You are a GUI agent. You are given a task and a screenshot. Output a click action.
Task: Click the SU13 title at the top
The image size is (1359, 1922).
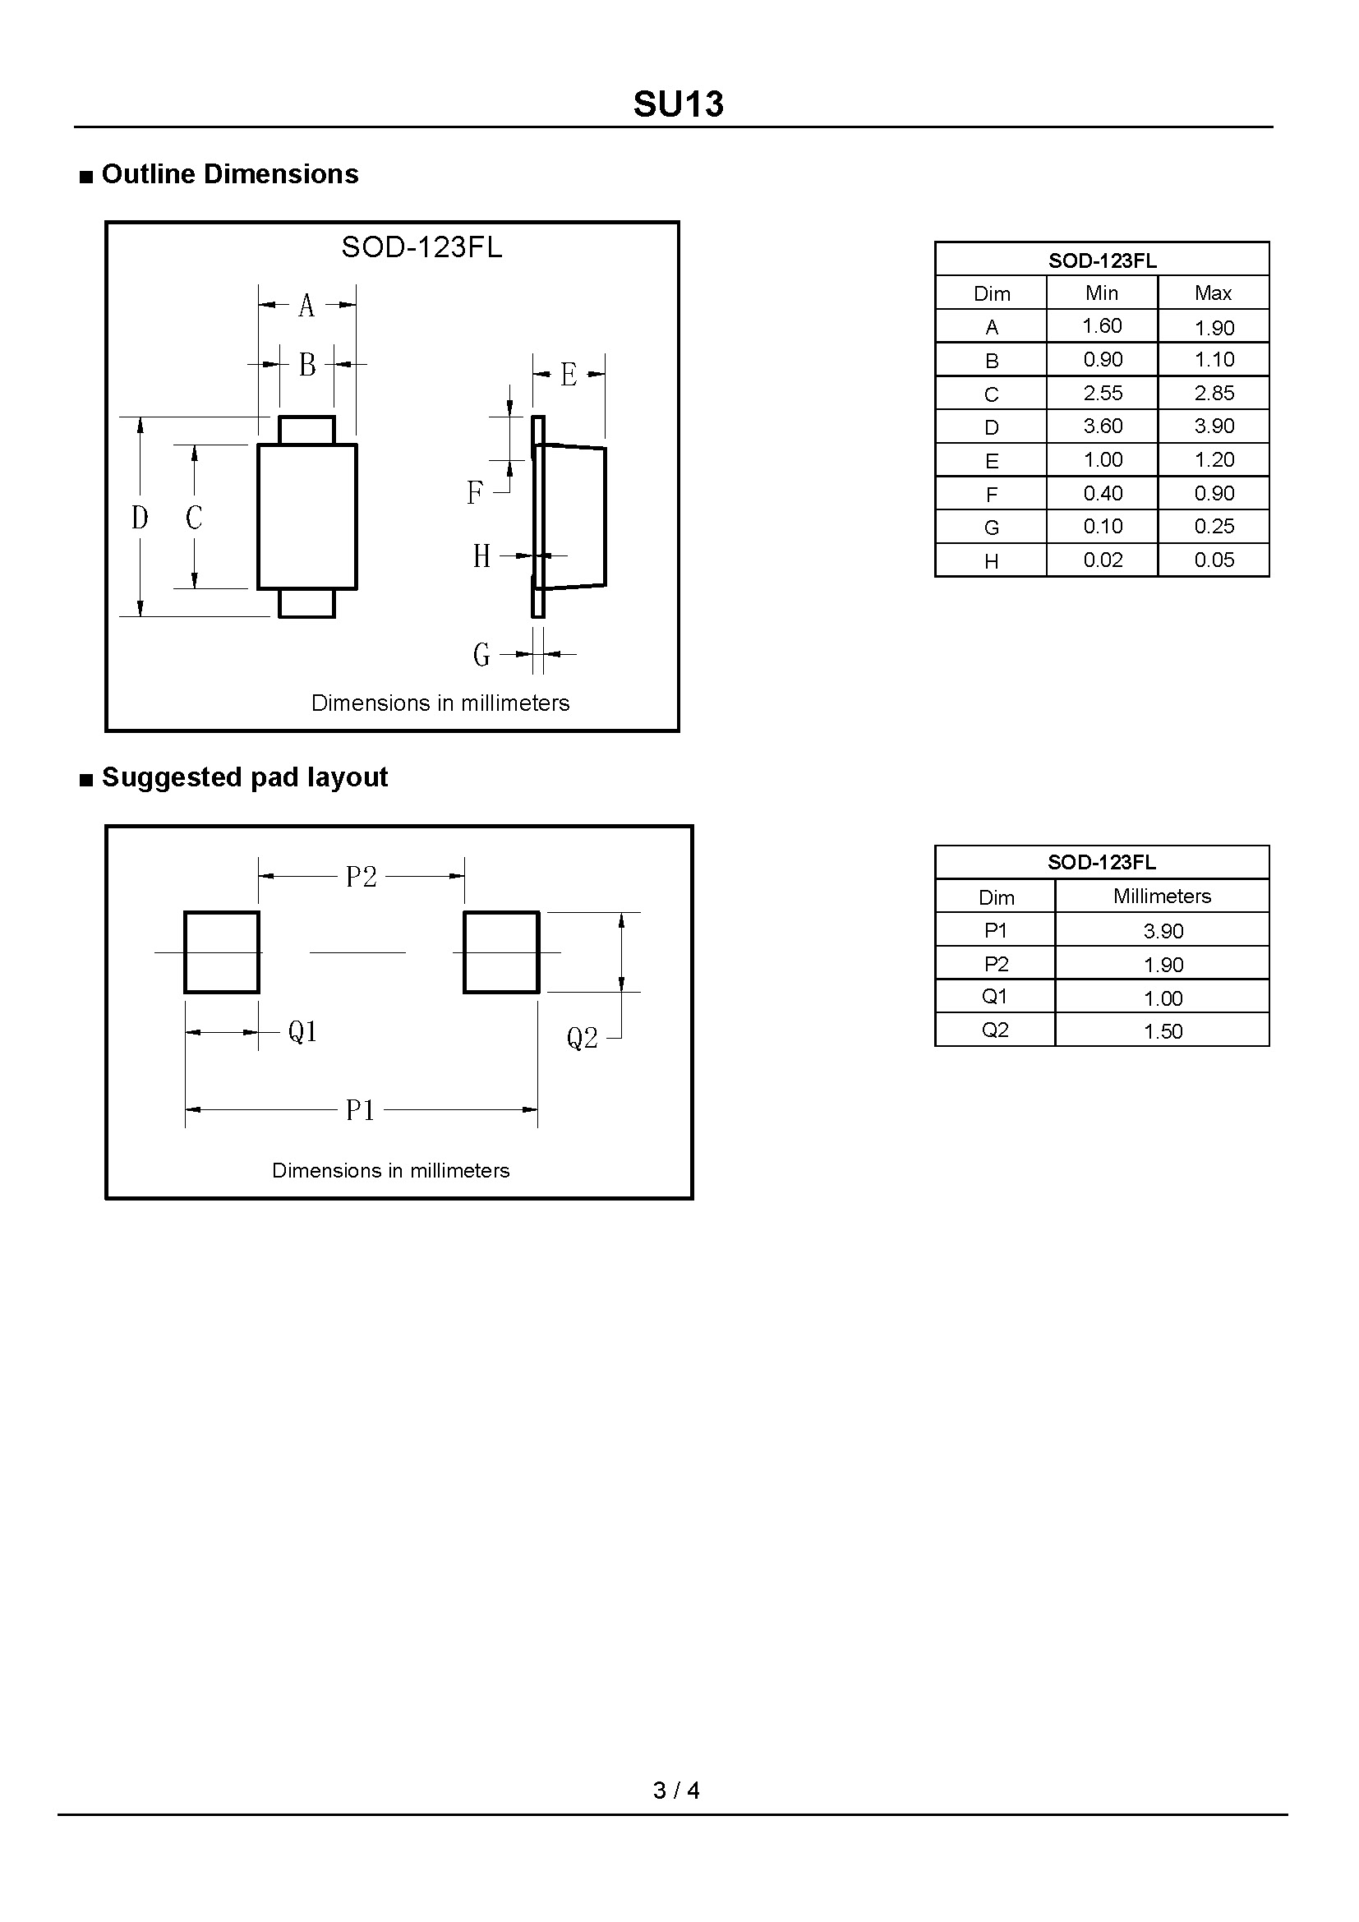point(678,104)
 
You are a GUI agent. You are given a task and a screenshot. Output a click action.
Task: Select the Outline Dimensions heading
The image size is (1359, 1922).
point(229,174)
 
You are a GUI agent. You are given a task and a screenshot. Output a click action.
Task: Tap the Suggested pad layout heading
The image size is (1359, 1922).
point(244,777)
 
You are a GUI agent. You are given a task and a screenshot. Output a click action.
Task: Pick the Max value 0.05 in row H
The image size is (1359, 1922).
point(1214,560)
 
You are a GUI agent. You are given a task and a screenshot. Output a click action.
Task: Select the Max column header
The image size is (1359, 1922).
point(1214,293)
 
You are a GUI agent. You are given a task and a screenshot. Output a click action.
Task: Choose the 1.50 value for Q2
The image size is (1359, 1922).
point(1163,1031)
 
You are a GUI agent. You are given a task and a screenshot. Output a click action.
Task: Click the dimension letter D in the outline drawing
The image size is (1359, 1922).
point(140,519)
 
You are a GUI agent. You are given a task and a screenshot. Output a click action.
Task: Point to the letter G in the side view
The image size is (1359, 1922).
point(481,654)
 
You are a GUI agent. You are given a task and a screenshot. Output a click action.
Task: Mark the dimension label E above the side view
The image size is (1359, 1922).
point(569,374)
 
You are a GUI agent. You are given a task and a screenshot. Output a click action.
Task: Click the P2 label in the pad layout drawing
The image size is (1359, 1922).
point(362,877)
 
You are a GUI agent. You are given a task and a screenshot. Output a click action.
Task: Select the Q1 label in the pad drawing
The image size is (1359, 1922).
point(303,1031)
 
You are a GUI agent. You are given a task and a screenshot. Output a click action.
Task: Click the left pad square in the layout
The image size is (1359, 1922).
point(222,952)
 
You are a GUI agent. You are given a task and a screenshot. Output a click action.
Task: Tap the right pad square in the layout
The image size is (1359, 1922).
point(501,952)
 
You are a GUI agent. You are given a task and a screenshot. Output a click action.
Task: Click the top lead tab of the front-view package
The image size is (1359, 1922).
point(306,431)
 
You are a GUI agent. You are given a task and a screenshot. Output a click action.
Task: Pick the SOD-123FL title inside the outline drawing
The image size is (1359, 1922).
point(422,247)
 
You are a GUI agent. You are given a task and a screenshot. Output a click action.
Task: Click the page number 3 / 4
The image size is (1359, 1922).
point(676,1790)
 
